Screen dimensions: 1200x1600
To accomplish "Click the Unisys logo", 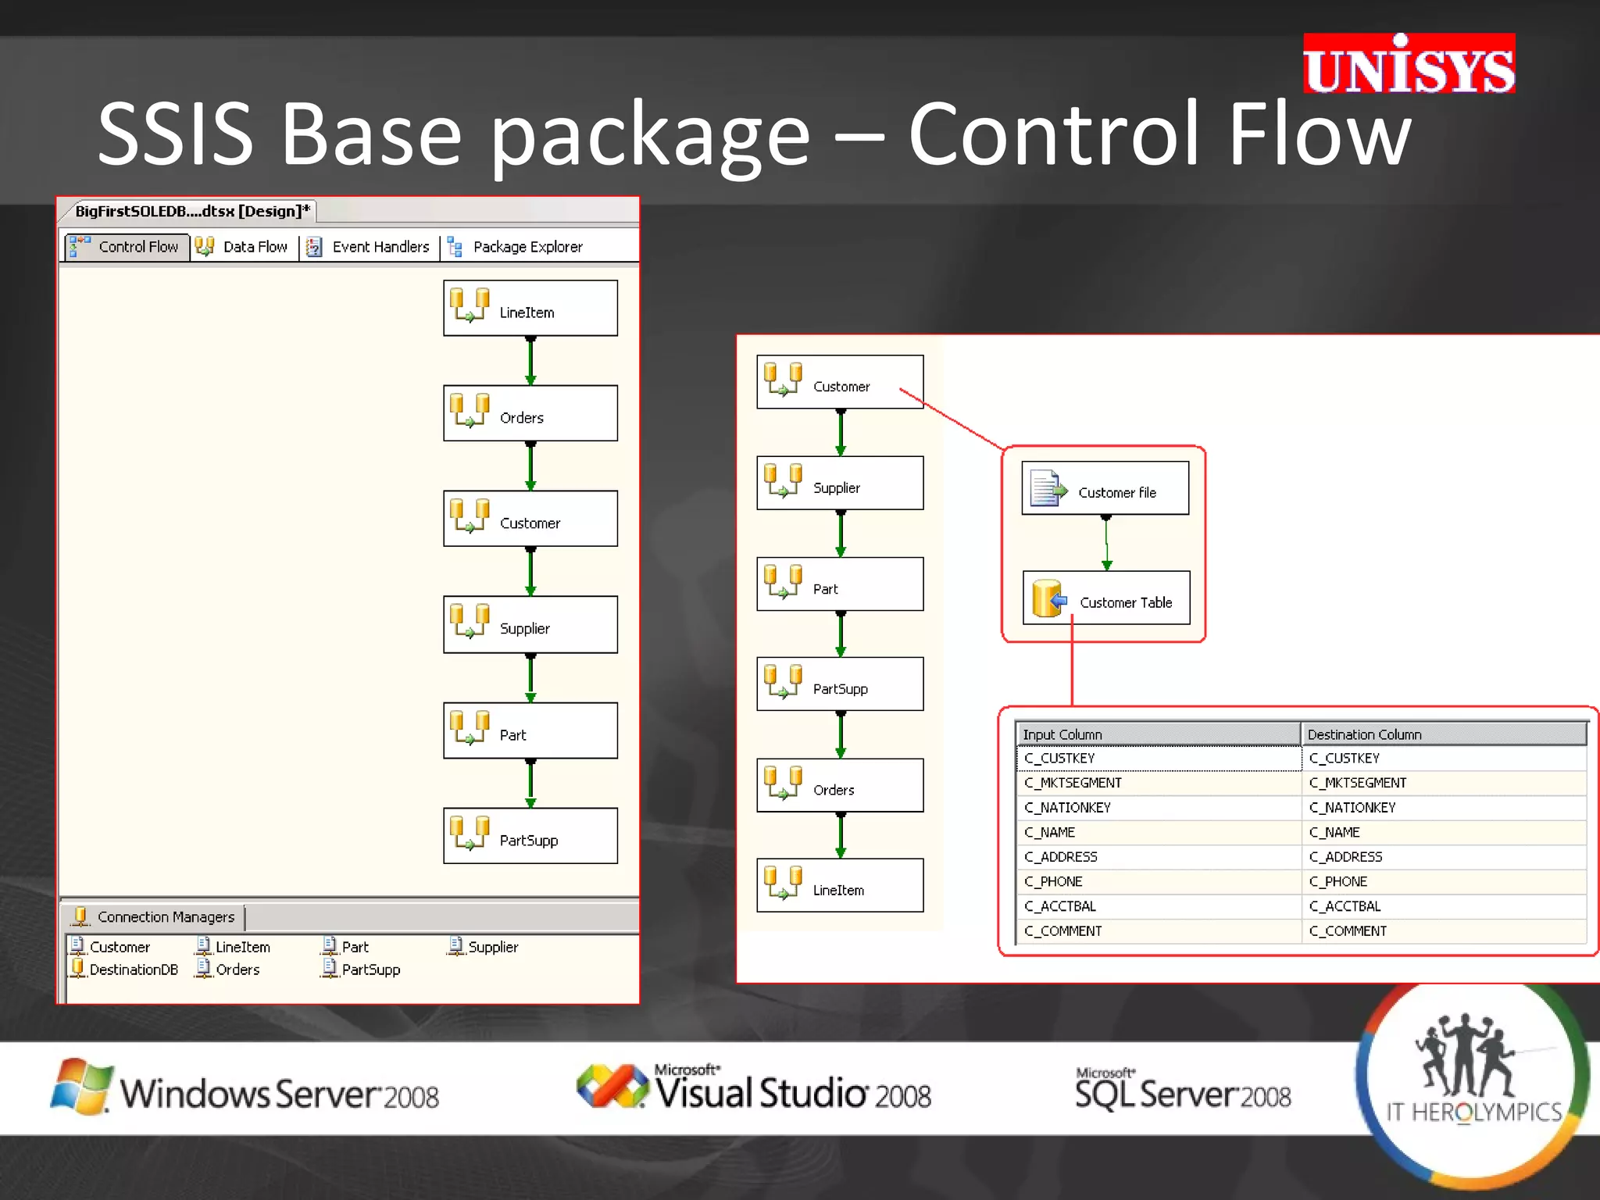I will tap(1408, 65).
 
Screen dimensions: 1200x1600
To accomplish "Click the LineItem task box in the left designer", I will tap(530, 309).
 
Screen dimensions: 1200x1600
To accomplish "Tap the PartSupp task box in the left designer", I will tap(530, 836).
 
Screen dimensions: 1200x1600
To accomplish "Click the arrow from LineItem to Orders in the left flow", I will tap(530, 361).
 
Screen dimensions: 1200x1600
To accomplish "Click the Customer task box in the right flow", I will tap(840, 382).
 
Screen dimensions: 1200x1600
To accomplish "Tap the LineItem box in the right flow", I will tap(840, 885).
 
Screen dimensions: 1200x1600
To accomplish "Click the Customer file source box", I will tap(1105, 488).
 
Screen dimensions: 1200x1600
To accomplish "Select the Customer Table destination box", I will tap(1106, 598).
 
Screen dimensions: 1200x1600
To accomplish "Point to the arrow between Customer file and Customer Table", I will tap(1106, 543).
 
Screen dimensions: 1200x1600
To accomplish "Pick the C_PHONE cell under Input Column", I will tap(1054, 881).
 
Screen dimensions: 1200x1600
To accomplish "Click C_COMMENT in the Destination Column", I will tap(1348, 931).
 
